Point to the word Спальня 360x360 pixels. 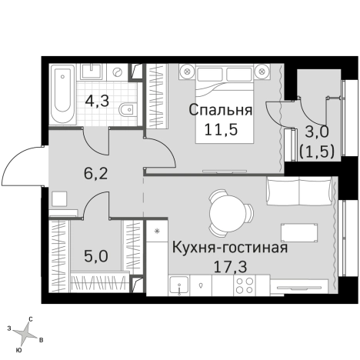[220, 109]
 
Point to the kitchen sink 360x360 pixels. [178, 286]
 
